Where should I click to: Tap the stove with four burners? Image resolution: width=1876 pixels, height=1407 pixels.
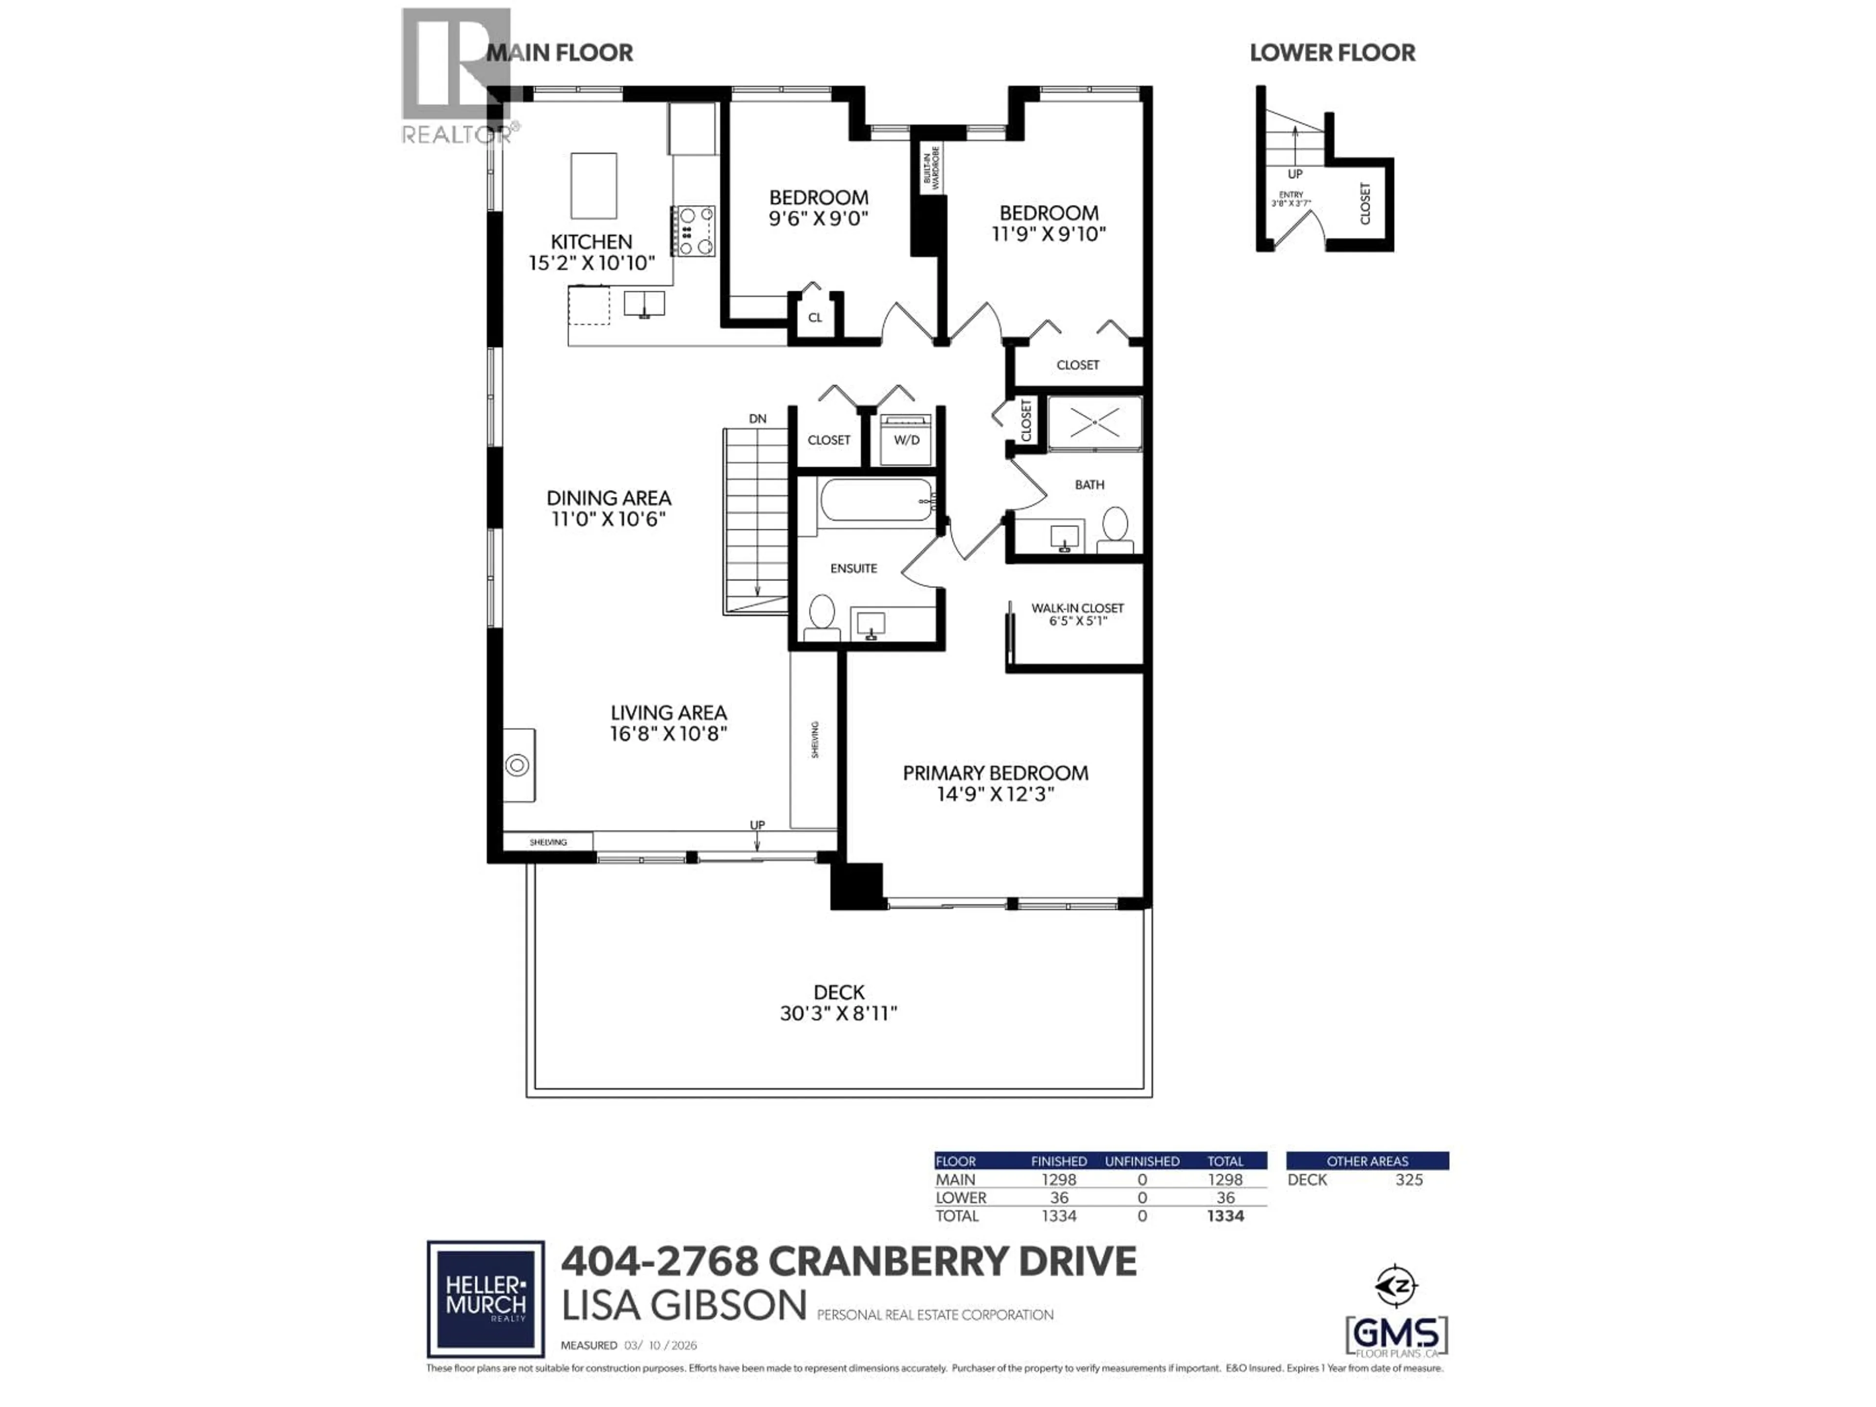(694, 231)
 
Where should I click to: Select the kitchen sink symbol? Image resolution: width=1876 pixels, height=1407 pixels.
(644, 303)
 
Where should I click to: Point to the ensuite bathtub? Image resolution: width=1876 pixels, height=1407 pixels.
(876, 501)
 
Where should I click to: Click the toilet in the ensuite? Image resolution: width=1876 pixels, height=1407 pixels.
(821, 617)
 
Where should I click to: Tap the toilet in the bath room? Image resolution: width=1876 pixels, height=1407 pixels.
(1115, 528)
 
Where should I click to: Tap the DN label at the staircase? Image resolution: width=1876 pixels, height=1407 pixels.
(757, 419)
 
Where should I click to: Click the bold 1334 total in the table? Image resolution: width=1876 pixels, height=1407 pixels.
(1225, 1216)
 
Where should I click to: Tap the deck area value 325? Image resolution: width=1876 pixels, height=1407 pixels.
(1408, 1180)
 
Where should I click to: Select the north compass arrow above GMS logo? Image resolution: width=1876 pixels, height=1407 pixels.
(1397, 1286)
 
